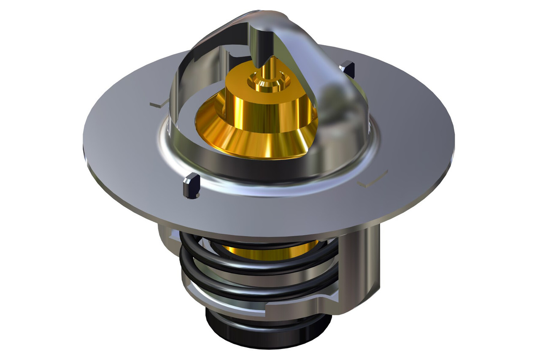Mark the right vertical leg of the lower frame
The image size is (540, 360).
[359, 270]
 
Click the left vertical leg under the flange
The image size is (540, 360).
[167, 241]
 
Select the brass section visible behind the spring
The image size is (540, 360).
[270, 253]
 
